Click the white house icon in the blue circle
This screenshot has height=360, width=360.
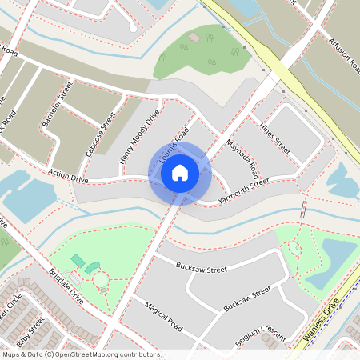tap(180, 173)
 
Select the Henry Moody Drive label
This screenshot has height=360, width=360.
tap(139, 137)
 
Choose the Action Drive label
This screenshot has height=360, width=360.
tap(68, 174)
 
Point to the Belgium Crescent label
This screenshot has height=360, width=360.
tap(260, 337)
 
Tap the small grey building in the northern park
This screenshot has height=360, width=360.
tap(194, 38)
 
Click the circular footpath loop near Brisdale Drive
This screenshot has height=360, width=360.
tap(102, 281)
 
